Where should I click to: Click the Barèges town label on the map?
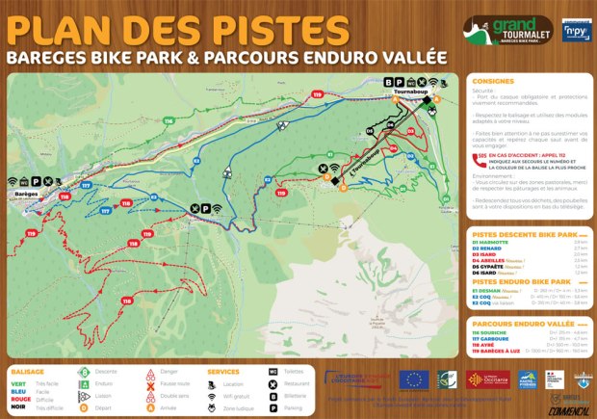27,192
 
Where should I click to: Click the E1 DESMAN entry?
490,290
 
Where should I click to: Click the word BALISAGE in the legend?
26,370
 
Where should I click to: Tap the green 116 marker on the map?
169,120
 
